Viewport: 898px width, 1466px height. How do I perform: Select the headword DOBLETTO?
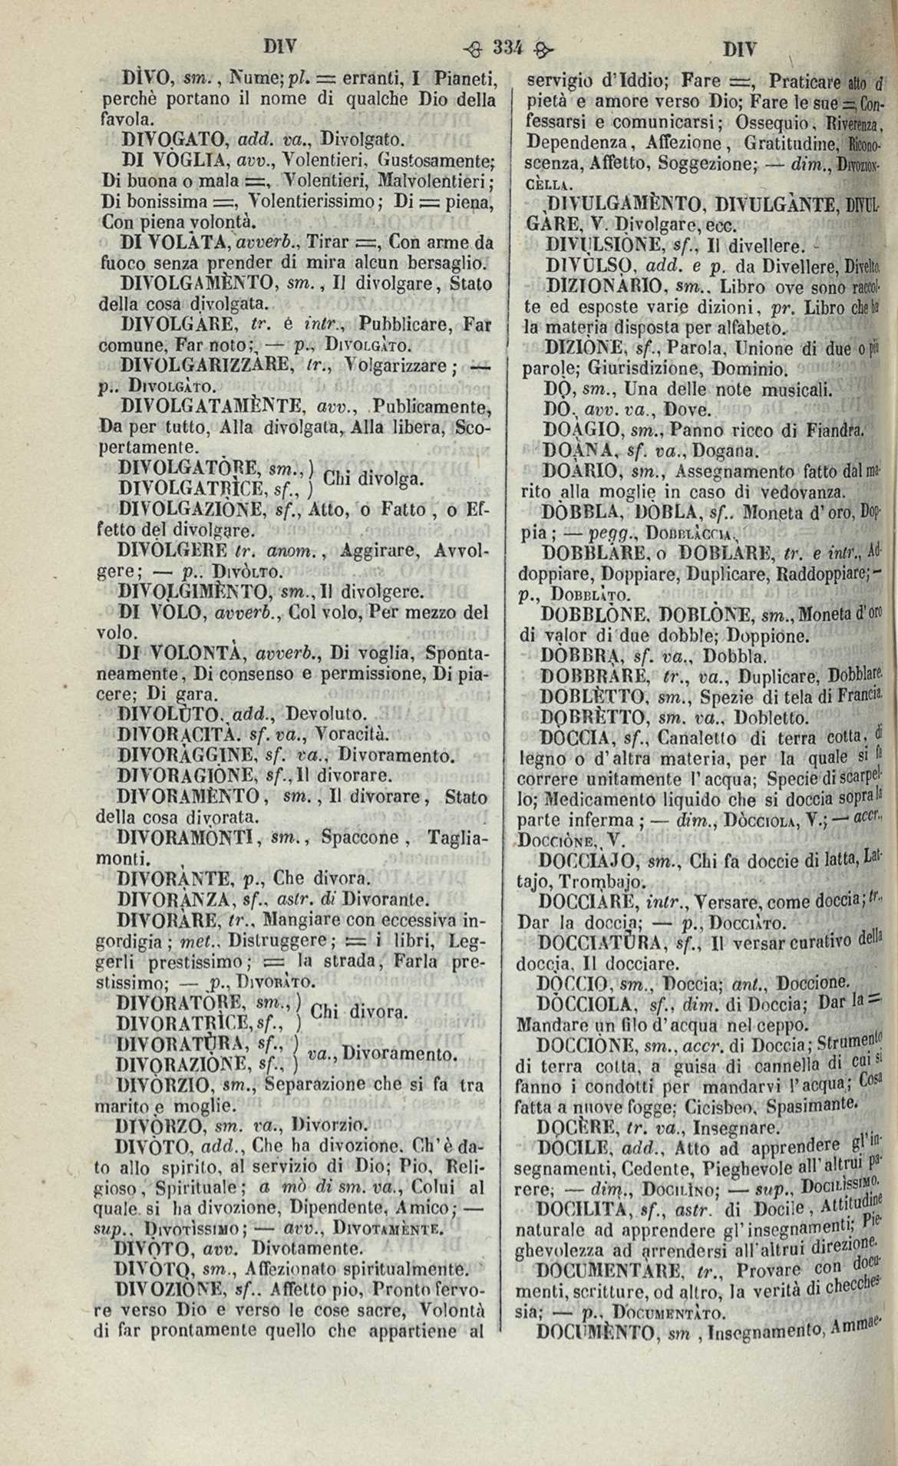pyautogui.click(x=590, y=676)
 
